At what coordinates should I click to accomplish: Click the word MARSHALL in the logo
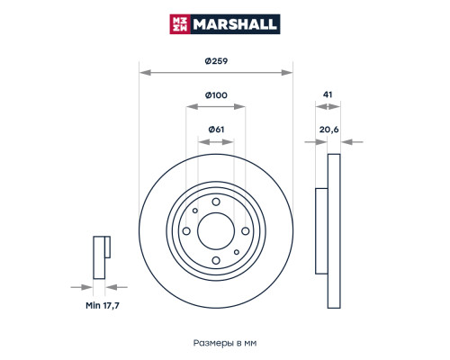235,24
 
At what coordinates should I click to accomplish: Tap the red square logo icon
180,24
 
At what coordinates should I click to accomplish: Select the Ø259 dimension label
216,61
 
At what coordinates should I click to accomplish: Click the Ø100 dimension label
216,95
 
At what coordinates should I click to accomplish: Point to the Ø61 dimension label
216,130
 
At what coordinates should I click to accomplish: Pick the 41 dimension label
328,94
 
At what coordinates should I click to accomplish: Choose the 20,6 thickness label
328,130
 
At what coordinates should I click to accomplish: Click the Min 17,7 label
103,306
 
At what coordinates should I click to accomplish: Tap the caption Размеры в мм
225,343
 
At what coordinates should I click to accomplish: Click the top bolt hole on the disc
216,202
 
